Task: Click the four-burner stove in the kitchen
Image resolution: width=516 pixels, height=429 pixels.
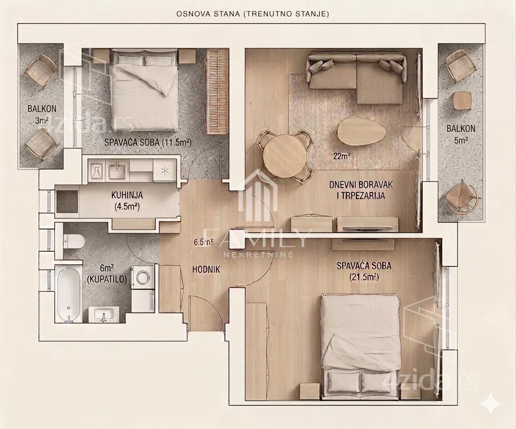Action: pos(67,202)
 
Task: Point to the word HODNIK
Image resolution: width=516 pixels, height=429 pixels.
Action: pos(206,269)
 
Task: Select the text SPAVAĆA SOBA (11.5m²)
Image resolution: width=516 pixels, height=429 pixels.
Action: pos(148,142)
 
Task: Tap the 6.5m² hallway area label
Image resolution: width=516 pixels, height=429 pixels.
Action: pos(203,243)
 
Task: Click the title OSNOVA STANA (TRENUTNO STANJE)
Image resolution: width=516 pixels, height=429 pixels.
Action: pos(253,14)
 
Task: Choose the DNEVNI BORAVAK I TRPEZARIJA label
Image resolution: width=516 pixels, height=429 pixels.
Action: pos(361,190)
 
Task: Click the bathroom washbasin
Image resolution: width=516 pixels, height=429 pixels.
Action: pos(104,313)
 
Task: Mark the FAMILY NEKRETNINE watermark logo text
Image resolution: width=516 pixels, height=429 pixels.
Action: pos(258,243)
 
